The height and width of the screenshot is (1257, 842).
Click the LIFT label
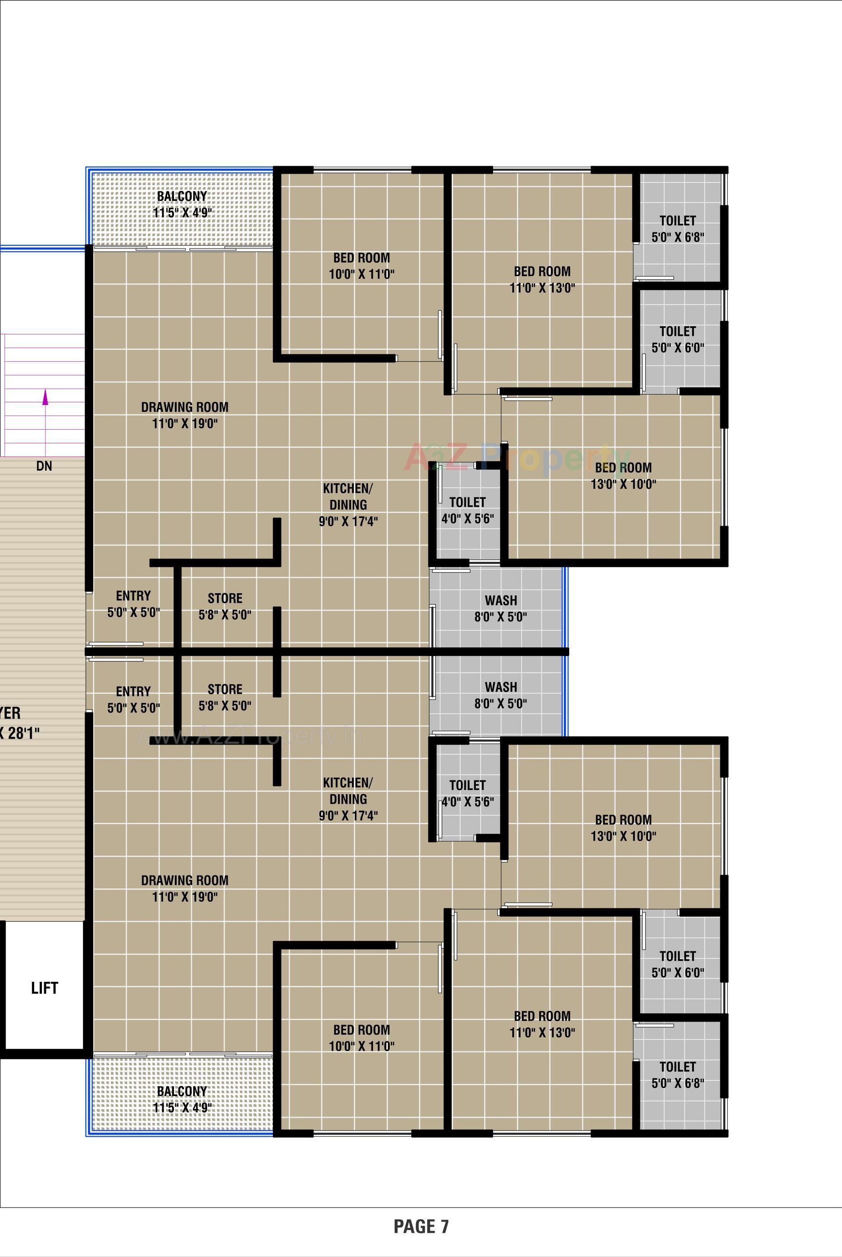pyautogui.click(x=44, y=987)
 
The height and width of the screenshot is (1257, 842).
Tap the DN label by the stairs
pyautogui.click(x=44, y=466)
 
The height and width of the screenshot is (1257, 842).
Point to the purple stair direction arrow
pyautogui.click(x=45, y=398)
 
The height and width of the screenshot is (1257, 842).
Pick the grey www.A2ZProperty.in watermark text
pyautogui.click(x=248, y=736)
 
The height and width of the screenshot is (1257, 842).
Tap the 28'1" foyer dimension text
pyautogui.click(x=19, y=733)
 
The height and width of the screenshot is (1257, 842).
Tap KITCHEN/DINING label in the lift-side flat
pyautogui.click(x=348, y=799)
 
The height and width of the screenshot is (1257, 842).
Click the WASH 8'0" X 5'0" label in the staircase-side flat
pyautogui.click(x=500, y=608)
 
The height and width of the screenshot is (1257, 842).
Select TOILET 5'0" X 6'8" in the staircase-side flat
pyautogui.click(x=678, y=228)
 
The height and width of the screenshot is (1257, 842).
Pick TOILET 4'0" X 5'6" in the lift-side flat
pyautogui.click(x=467, y=793)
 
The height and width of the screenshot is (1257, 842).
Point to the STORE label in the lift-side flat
pyautogui.click(x=225, y=697)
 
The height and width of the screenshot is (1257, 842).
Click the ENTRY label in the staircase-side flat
pyautogui.click(x=133, y=604)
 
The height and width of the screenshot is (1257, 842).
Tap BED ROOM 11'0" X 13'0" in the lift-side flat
pyautogui.click(x=542, y=1024)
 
